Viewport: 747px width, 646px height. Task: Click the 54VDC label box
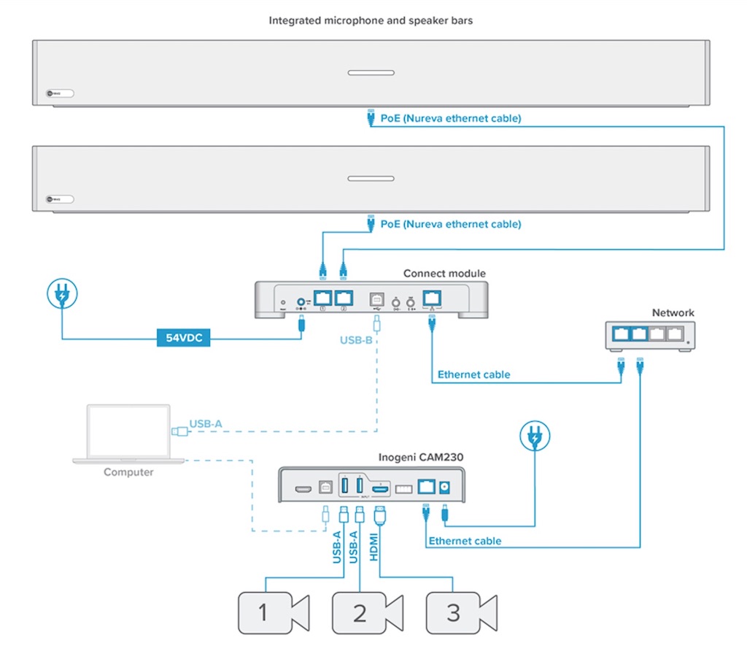pyautogui.click(x=184, y=337)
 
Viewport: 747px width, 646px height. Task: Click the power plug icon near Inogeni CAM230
pyautogui.click(x=536, y=437)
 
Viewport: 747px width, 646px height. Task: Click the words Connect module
pyautogui.click(x=444, y=274)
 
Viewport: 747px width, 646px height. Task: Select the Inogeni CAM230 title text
pyautogui.click(x=420, y=458)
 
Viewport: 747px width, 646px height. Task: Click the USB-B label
pyautogui.click(x=357, y=340)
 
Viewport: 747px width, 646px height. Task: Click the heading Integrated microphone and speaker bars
pyautogui.click(x=371, y=20)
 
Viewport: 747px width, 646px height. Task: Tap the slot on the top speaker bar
pyautogui.click(x=371, y=73)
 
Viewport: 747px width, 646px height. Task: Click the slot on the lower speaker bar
pyautogui.click(x=371, y=179)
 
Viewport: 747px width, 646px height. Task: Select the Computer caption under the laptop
pyautogui.click(x=128, y=472)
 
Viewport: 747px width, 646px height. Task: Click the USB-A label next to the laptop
pyautogui.click(x=206, y=423)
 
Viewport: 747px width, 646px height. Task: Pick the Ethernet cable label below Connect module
pyautogui.click(x=473, y=375)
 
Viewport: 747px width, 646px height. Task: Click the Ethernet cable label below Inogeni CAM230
pyautogui.click(x=465, y=541)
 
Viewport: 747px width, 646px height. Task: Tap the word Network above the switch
pyautogui.click(x=673, y=313)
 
